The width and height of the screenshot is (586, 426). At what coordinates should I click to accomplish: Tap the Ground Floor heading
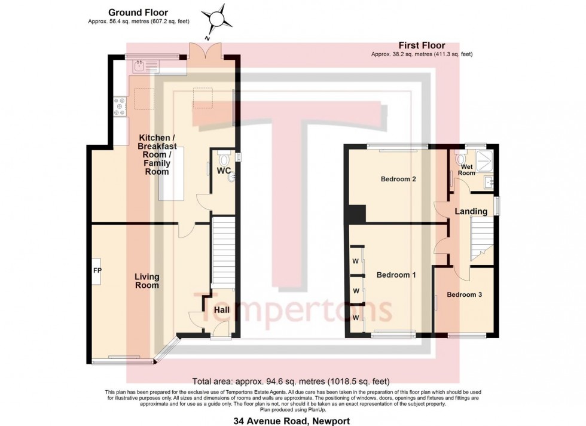[x=138, y=12]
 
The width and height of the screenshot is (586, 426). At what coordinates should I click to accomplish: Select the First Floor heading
[x=422, y=45]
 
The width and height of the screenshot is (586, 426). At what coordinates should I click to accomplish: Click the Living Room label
[x=146, y=281]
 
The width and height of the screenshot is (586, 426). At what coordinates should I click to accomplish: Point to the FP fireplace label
[x=97, y=270]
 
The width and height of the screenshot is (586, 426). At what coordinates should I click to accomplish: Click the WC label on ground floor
[x=224, y=171]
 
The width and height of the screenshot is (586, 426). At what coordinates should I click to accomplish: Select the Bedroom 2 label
[x=398, y=179]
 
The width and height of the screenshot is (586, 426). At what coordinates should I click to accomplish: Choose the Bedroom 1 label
[x=396, y=275]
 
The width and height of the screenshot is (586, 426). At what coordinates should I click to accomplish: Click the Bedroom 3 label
[x=464, y=294]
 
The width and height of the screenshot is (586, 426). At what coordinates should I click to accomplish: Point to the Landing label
[x=471, y=211]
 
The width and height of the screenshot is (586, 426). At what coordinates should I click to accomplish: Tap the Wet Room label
[x=466, y=169]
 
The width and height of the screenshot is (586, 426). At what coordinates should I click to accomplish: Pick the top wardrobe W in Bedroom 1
[x=355, y=261]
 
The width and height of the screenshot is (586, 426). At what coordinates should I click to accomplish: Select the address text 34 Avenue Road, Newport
[x=292, y=421]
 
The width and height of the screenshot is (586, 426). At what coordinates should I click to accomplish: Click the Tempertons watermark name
[x=293, y=309]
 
